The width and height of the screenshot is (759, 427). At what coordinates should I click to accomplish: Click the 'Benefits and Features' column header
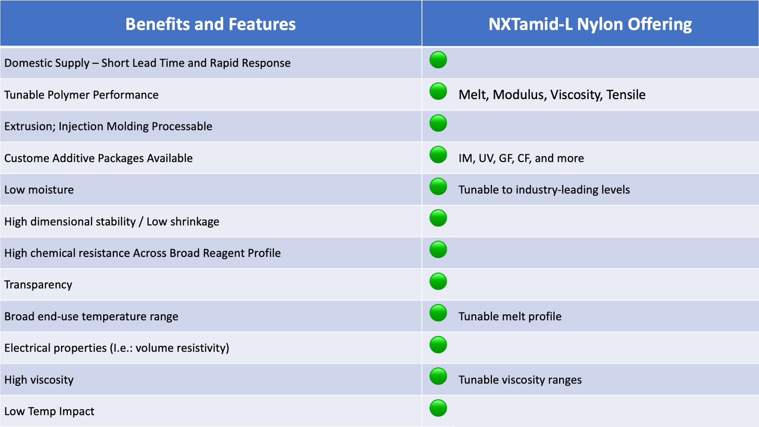click(x=210, y=24)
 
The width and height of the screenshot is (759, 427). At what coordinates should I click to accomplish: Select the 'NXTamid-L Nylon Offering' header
click(x=590, y=24)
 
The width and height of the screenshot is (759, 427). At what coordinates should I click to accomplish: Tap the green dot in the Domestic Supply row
click(x=438, y=60)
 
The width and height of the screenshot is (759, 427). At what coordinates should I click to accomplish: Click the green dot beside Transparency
click(x=438, y=281)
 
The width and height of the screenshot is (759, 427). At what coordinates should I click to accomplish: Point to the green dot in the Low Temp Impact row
click(x=438, y=408)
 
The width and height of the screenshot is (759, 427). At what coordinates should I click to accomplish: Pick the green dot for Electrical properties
click(x=438, y=345)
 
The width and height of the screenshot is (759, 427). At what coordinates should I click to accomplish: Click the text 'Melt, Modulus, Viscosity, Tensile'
click(x=552, y=95)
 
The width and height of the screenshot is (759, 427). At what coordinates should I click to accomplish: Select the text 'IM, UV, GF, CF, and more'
click(x=521, y=158)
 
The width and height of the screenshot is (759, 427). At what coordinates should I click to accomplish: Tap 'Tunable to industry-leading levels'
click(x=544, y=190)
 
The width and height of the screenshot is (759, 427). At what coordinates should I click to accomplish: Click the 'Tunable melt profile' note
click(x=510, y=317)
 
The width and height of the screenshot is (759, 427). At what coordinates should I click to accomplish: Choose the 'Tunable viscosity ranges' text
click(x=520, y=380)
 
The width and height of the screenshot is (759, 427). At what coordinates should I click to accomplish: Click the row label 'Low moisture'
click(x=39, y=190)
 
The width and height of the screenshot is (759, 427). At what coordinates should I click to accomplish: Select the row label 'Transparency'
click(x=38, y=285)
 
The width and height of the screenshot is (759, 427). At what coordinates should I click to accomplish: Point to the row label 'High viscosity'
click(x=39, y=380)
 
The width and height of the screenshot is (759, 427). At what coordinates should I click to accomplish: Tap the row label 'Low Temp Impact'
click(x=49, y=411)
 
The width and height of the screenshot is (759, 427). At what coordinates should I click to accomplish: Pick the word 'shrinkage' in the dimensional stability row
click(x=194, y=222)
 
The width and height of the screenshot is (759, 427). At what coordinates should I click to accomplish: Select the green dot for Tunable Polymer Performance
click(x=438, y=92)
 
